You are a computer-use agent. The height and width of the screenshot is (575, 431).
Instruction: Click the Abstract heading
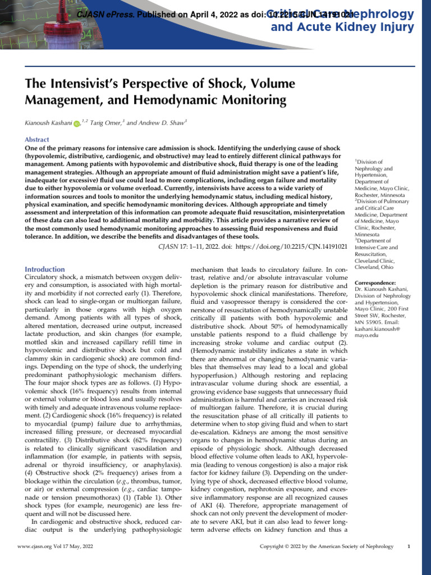click(37, 139)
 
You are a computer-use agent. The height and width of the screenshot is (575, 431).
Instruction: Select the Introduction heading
click(45, 269)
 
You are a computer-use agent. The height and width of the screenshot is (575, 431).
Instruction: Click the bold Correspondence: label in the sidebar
click(375, 282)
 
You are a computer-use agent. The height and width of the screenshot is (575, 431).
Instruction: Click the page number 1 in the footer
click(409, 546)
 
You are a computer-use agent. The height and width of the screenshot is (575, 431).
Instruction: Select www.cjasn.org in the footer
click(37, 546)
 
